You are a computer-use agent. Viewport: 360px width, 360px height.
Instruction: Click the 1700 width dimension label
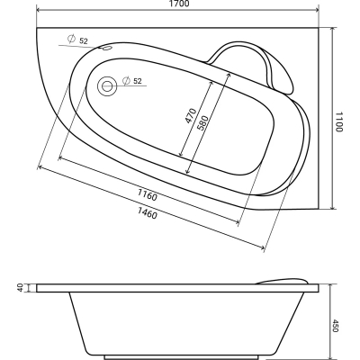(x=180, y=4)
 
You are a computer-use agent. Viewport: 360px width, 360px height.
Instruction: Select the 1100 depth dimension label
(x=338, y=121)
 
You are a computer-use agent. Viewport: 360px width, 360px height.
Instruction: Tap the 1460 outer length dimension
(x=148, y=213)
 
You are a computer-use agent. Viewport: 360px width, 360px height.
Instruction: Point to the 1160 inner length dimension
(x=148, y=195)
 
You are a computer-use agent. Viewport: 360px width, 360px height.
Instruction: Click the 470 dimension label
(x=190, y=116)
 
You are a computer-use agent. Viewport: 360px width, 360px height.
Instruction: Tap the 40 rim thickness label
(x=21, y=288)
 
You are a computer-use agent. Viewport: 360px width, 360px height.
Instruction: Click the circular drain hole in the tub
(x=107, y=86)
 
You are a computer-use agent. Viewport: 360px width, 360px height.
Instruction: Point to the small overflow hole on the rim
(x=106, y=48)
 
